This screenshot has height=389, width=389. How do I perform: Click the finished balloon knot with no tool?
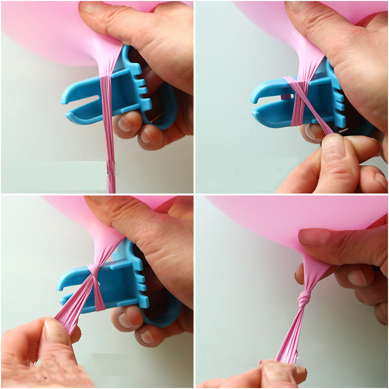coord(305,298)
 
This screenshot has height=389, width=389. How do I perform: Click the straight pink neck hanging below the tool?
coord(109,146)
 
